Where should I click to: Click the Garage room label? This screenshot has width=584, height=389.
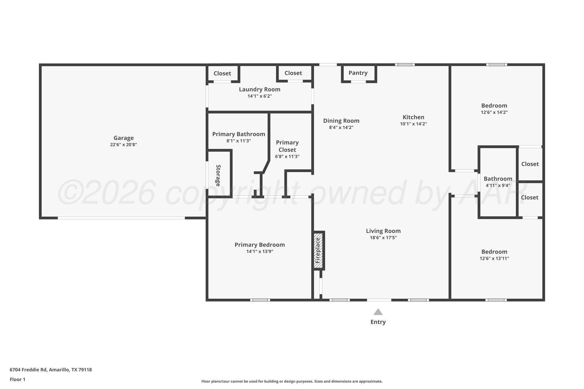click(123, 138)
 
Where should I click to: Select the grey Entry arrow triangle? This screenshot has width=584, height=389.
click(378, 312)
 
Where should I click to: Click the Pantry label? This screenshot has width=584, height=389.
click(358, 73)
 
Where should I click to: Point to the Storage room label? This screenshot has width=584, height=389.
click(218, 175)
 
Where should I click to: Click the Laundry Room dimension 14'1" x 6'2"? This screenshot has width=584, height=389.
click(259, 96)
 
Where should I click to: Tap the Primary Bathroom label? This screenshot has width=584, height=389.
click(238, 134)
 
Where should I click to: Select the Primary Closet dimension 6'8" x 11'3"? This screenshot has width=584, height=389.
click(287, 156)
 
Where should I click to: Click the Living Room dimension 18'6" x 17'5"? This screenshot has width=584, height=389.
click(383, 238)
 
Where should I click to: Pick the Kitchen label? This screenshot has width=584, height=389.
click(413, 117)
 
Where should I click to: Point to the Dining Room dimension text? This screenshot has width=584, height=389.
click(341, 127)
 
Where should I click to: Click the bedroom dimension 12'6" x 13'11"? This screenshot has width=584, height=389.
click(494, 258)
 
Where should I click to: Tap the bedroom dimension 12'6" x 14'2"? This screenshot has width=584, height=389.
click(494, 112)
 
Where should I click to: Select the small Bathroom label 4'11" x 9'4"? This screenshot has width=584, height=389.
click(498, 179)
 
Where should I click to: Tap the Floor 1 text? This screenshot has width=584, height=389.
click(17, 379)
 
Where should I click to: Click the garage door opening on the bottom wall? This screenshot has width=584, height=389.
click(121, 218)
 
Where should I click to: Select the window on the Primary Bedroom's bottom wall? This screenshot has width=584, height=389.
click(260, 300)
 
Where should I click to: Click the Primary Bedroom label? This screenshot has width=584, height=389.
click(259, 245)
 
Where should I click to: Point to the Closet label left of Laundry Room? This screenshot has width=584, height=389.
click(222, 74)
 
